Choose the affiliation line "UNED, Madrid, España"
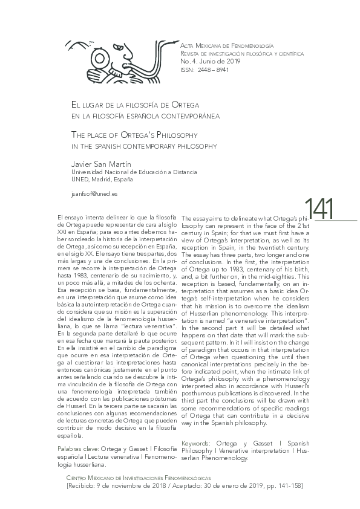102,179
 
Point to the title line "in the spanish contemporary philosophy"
144,146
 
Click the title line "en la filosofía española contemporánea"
145,115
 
